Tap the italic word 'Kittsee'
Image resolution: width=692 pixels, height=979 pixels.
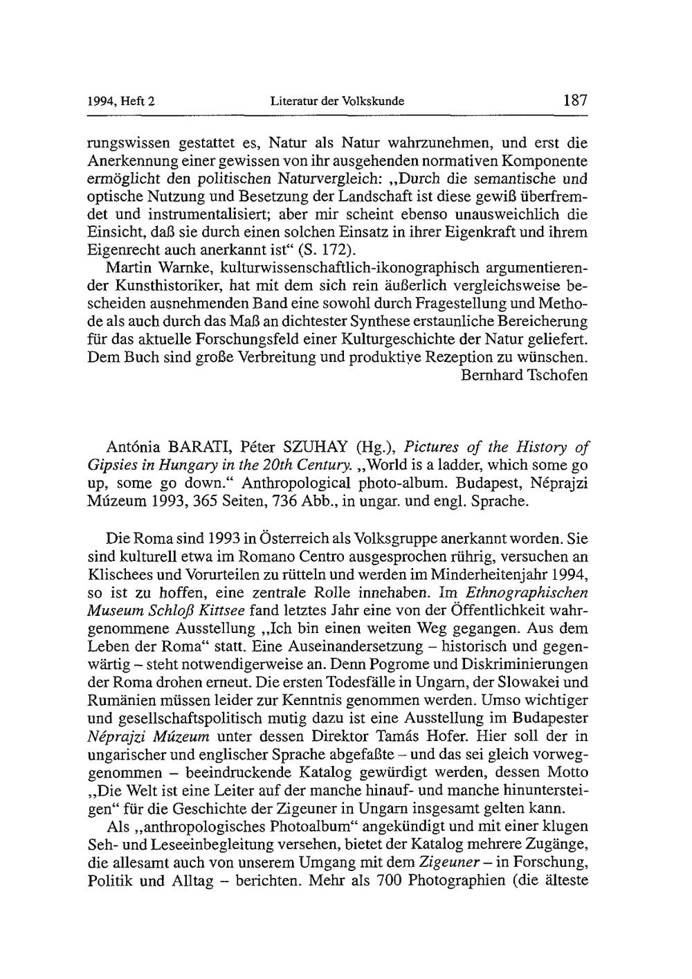coord(218,610)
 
